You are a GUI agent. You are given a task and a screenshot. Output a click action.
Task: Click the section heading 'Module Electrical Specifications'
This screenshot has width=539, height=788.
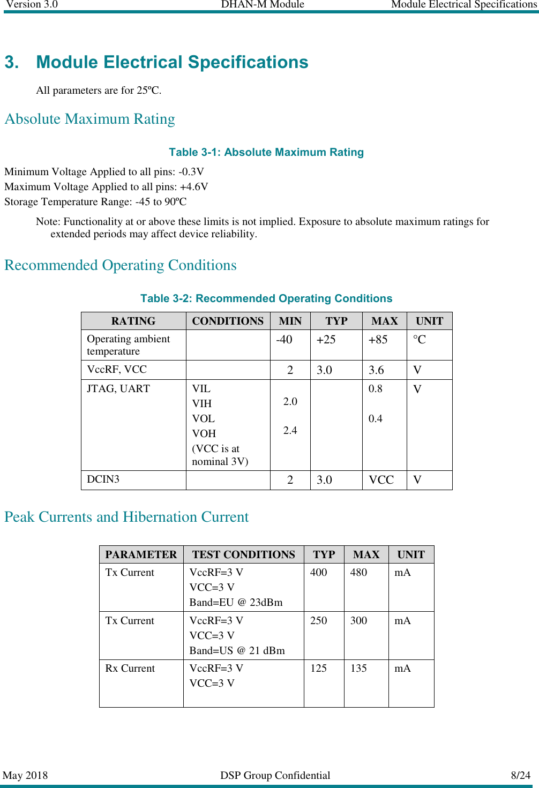[x=171, y=62]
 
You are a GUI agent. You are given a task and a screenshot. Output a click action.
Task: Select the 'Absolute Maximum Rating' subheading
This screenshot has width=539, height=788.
[x=89, y=119]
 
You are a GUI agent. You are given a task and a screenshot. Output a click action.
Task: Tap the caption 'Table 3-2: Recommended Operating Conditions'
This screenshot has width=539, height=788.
[x=266, y=298]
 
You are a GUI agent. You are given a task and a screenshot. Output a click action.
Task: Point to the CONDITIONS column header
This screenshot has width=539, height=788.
[x=228, y=321]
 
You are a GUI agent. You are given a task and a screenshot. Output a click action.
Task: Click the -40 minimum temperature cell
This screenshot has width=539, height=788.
[x=284, y=340]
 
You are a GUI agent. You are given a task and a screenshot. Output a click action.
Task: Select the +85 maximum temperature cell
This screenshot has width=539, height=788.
[x=378, y=340]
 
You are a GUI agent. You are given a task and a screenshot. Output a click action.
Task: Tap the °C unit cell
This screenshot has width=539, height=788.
[x=419, y=340]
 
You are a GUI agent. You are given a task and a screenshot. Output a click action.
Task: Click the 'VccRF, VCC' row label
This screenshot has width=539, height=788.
[x=117, y=370]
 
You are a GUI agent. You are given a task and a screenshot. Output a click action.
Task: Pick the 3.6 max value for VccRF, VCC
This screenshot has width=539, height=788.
[x=376, y=370]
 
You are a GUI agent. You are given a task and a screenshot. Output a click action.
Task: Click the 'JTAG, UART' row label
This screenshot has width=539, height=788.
[x=118, y=389]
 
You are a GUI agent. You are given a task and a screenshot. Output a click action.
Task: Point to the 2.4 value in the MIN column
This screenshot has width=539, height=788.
[x=290, y=430]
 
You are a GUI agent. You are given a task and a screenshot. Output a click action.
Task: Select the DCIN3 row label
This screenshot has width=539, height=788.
[x=103, y=479]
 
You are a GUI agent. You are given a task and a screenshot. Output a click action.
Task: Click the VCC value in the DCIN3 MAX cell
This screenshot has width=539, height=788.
[x=381, y=480]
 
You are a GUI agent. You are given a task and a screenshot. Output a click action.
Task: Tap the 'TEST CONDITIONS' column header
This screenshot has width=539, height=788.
[x=244, y=554]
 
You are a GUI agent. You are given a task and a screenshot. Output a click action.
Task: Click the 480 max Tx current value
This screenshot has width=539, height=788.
[x=358, y=573]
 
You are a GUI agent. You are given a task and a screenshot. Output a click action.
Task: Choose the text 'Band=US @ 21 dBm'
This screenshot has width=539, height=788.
[x=237, y=650]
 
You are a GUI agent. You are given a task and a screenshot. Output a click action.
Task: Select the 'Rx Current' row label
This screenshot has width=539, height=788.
[x=130, y=669]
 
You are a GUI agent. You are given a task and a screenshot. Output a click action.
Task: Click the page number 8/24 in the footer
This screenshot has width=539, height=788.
[x=520, y=775]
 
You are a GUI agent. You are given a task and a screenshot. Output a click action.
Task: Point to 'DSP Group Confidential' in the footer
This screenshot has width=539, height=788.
[x=275, y=775]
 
